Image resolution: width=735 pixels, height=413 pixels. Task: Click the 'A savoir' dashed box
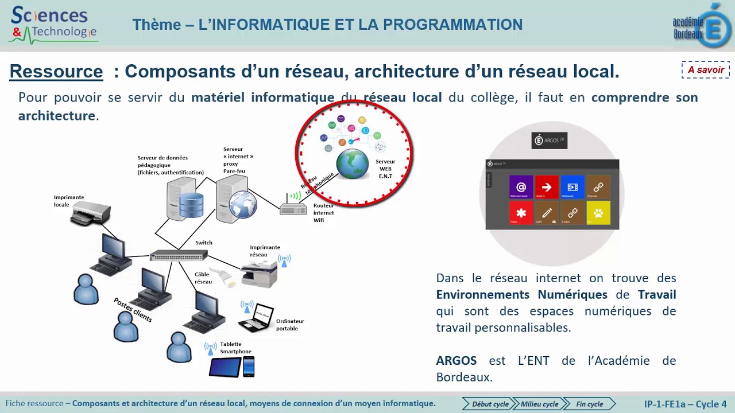coord(706,70)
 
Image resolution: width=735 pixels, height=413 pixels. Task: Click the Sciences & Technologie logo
coord(53,25)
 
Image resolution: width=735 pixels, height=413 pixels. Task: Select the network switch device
coord(178,255)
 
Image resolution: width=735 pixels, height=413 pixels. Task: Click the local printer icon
coord(90,216)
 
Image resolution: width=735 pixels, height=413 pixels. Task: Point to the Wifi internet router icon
coord(293,206)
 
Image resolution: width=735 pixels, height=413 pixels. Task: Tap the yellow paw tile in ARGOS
coord(598,213)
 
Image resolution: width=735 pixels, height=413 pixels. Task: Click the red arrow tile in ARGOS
coord(546,187)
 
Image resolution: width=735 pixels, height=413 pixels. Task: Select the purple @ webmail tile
coord(521,187)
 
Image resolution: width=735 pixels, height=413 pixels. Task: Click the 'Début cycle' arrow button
coord(487,404)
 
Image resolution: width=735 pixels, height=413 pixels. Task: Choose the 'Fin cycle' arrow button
coord(589,404)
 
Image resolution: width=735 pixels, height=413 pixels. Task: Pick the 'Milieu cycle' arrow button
coord(538,404)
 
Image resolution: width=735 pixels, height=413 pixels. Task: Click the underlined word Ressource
coord(56,72)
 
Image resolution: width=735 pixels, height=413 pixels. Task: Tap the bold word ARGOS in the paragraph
coord(457,361)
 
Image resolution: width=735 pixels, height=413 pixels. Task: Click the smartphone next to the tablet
coord(249,367)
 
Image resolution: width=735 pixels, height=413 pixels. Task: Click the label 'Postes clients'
coord(133,310)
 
